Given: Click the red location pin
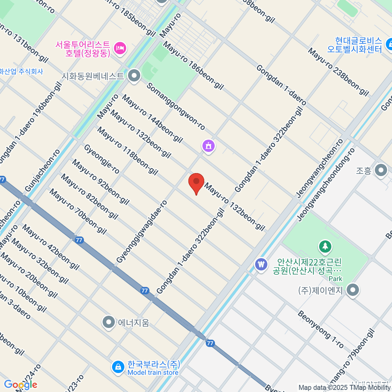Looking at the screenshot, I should pyautogui.click(x=196, y=183).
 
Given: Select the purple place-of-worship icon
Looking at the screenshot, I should pyautogui.click(x=208, y=145).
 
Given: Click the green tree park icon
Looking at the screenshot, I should pyautogui.click(x=325, y=247).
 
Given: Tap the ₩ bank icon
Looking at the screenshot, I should pyautogui.click(x=261, y=264).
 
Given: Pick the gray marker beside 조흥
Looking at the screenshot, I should pyautogui.click(x=381, y=171).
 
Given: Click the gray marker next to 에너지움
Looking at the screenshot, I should pyautogui.click(x=108, y=322).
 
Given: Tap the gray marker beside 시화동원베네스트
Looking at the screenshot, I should pyautogui.click(x=134, y=76).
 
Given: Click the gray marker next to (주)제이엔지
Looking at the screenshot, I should pyautogui.click(x=352, y=290).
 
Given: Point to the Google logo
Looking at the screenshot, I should pyautogui.click(x=21, y=385).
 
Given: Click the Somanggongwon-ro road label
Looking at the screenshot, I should pyautogui.click(x=176, y=106).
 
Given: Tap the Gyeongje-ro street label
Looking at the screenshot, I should pyautogui.click(x=102, y=159).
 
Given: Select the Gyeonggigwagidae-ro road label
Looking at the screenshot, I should pyautogui.click(x=142, y=232).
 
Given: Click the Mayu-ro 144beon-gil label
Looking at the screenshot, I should pyautogui.click(x=152, y=119).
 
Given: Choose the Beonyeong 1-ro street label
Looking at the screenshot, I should pyautogui.click(x=320, y=329).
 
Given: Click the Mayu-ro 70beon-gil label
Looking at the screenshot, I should pyautogui.click(x=78, y=212).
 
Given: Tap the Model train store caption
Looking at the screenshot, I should pyautogui.click(x=153, y=373).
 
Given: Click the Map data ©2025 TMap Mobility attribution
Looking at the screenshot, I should pyautogui.click(x=345, y=388).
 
